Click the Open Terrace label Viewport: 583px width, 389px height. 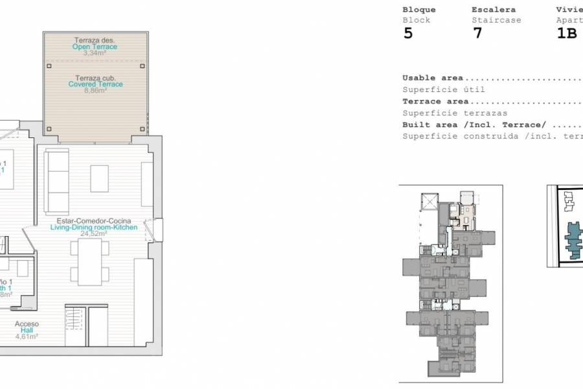click(x=95, y=47)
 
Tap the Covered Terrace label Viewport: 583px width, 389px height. click(x=95, y=84)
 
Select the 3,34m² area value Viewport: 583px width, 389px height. click(x=95, y=53)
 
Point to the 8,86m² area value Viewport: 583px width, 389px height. click(x=95, y=91)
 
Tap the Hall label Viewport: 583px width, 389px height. click(x=27, y=330)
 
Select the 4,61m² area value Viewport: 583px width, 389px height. click(x=27, y=336)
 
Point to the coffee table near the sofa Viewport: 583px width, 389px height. click(x=99, y=178)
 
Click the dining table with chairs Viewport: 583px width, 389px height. click(x=90, y=261)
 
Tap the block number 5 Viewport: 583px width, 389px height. click(x=407, y=34)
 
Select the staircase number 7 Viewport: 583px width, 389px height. click(x=477, y=34)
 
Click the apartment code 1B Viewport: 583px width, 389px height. click(x=567, y=34)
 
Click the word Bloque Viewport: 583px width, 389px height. click(x=419, y=10)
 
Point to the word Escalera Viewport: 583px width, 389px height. click(x=494, y=10)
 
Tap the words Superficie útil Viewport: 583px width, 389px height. click(x=443, y=89)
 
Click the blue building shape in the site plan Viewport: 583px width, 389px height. click(x=574, y=239)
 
